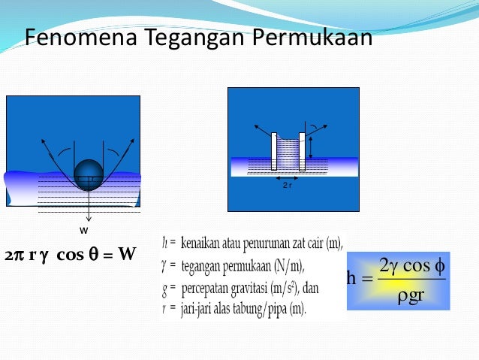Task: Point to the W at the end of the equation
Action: coord(127,254)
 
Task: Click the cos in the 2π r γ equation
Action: coord(71,254)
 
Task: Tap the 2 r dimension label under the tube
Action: coord(287,183)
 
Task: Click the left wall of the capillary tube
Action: coord(274,151)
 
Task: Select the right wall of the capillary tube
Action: coord(302,151)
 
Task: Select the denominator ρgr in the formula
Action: coord(411,295)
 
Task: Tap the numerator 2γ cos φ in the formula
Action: coord(412,265)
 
